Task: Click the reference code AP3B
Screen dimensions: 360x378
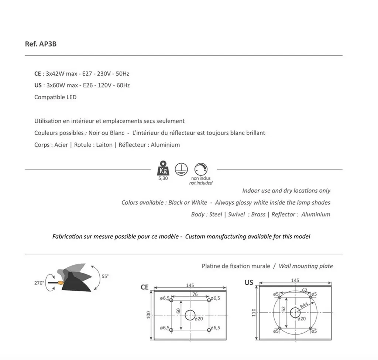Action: coord(48,44)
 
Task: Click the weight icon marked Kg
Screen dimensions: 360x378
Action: coord(162,169)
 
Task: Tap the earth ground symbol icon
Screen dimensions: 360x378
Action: coord(181,169)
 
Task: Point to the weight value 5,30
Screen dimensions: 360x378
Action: coord(162,178)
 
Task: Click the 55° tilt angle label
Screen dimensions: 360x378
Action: coord(105,276)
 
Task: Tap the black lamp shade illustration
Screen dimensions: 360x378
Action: coord(78,284)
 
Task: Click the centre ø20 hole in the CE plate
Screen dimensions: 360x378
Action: coord(190,315)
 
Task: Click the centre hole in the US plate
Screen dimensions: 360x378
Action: coord(295,312)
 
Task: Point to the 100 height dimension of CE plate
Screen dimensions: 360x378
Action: coord(148,315)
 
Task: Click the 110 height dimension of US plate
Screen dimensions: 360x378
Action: coord(254,313)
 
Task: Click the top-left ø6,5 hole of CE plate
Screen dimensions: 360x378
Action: coord(171,300)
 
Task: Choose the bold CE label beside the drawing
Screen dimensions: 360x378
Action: coord(145,287)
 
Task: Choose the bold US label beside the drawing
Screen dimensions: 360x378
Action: coord(249,282)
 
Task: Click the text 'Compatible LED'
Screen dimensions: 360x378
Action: coord(55,97)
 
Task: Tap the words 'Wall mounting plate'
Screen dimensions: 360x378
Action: coord(306,266)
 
